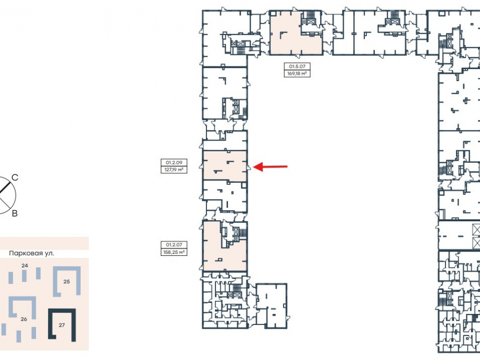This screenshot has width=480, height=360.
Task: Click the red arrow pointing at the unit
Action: (270, 167)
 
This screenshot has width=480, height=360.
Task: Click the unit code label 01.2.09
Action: (174, 163)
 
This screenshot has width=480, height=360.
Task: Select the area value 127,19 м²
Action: (174, 169)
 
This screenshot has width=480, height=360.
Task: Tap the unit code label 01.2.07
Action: (174, 245)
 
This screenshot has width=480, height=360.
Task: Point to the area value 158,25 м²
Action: (174, 252)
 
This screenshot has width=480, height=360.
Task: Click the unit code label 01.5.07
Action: (297, 66)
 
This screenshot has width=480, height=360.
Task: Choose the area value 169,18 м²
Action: (297, 73)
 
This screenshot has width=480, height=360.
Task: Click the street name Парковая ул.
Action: (32, 253)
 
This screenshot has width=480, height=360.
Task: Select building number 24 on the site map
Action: (25, 265)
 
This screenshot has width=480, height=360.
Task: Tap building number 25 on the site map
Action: (67, 282)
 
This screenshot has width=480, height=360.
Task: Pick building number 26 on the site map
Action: (24, 319)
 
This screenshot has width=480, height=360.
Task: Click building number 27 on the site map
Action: (62, 325)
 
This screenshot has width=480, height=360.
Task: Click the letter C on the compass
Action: (15, 178)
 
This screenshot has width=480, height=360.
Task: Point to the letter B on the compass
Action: (15, 214)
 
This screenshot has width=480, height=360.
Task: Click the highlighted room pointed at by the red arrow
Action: (225, 166)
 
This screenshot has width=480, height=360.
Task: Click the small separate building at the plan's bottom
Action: (271, 306)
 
